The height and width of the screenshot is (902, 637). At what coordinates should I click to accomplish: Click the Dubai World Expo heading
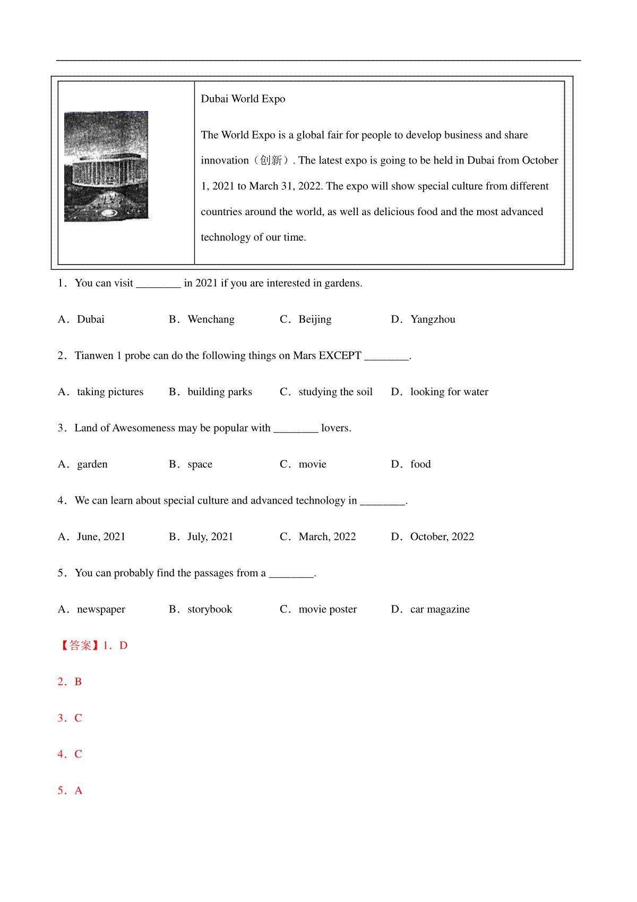(243, 99)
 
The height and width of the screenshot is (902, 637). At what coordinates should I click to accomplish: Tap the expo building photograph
(106, 166)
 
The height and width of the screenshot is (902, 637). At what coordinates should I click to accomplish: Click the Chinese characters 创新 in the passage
(271, 160)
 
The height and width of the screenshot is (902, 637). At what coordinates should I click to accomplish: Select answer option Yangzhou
(432, 319)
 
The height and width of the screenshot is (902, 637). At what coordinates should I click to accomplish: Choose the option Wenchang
(211, 319)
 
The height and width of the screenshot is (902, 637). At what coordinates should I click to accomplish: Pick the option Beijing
(315, 319)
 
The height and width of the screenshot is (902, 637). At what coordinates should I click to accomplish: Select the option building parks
(219, 392)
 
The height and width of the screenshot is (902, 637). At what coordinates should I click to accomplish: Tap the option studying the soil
(335, 392)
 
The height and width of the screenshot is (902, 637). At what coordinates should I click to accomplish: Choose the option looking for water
(449, 392)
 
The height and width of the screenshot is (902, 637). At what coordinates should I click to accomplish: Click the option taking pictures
(110, 392)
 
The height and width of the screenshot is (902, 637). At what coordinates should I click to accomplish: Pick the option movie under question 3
(312, 464)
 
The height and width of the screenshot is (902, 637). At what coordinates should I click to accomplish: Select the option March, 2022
(327, 537)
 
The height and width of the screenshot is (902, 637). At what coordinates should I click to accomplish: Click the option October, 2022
(442, 537)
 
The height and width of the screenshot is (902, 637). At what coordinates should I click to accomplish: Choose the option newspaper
(101, 609)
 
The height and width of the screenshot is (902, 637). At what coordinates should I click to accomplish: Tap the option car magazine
(440, 609)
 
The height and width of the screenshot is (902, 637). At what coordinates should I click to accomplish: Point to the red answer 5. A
(70, 790)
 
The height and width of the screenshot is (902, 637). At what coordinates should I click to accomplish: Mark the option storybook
(210, 609)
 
